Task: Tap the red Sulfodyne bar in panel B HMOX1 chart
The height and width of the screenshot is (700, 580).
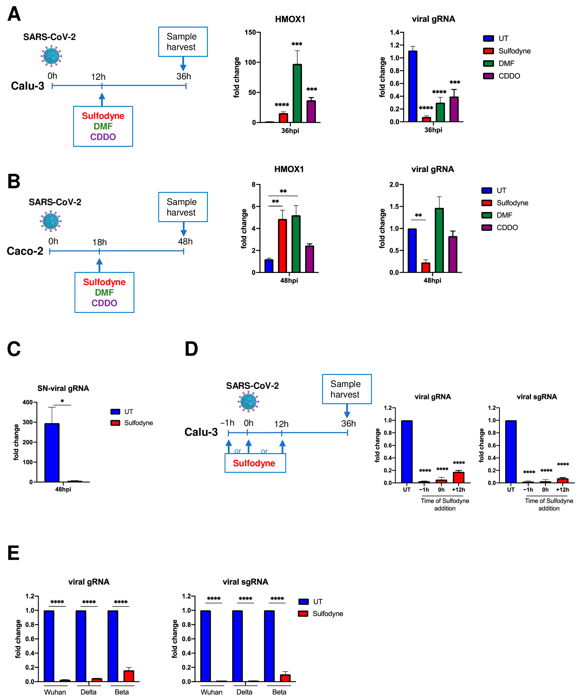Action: (282, 246)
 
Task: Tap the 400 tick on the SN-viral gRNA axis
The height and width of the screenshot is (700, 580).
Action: (28, 402)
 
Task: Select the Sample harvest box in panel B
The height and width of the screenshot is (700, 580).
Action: (183, 207)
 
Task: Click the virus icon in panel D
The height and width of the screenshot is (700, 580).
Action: (248, 402)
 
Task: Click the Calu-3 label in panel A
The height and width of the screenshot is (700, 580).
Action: (28, 86)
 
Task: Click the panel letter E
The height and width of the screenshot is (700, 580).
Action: (13, 553)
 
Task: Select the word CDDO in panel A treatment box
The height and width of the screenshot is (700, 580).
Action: (103, 137)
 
